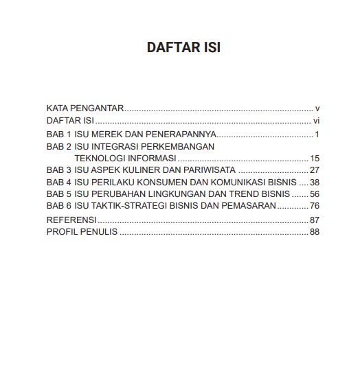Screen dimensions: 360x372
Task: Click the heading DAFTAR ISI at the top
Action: tap(183, 48)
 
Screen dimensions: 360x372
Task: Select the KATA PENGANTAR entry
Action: tap(85, 108)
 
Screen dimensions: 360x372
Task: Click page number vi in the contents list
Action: tap(317, 121)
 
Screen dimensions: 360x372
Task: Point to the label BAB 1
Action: tap(59, 134)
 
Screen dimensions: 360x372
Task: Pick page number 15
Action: tap(315, 158)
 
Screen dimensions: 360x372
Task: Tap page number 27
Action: tap(315, 170)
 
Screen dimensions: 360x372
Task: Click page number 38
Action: tap(315, 183)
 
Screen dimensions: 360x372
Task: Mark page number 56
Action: tap(315, 194)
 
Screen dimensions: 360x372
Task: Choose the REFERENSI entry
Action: tap(71, 220)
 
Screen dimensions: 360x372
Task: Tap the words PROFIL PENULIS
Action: tap(82, 232)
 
